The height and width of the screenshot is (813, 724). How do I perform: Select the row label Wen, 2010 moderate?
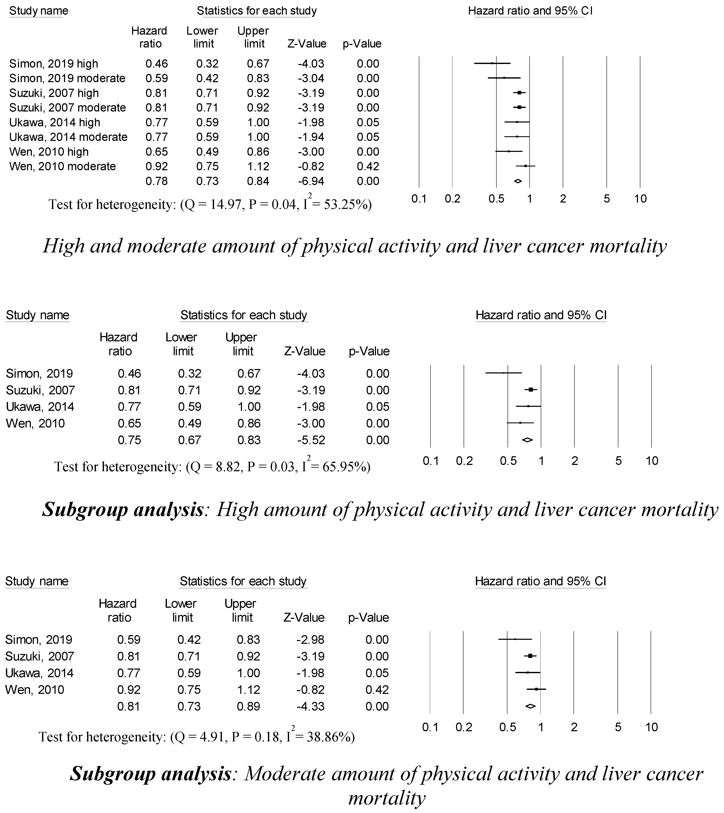pyautogui.click(x=63, y=166)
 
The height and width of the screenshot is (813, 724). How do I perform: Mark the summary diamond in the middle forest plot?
pyautogui.click(x=527, y=440)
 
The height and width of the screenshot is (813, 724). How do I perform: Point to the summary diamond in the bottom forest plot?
pyautogui.click(x=531, y=706)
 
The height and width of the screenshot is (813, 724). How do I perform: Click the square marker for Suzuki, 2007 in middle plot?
pyautogui.click(x=531, y=390)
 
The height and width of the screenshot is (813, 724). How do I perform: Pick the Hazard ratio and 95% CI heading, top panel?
pyautogui.click(x=530, y=11)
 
